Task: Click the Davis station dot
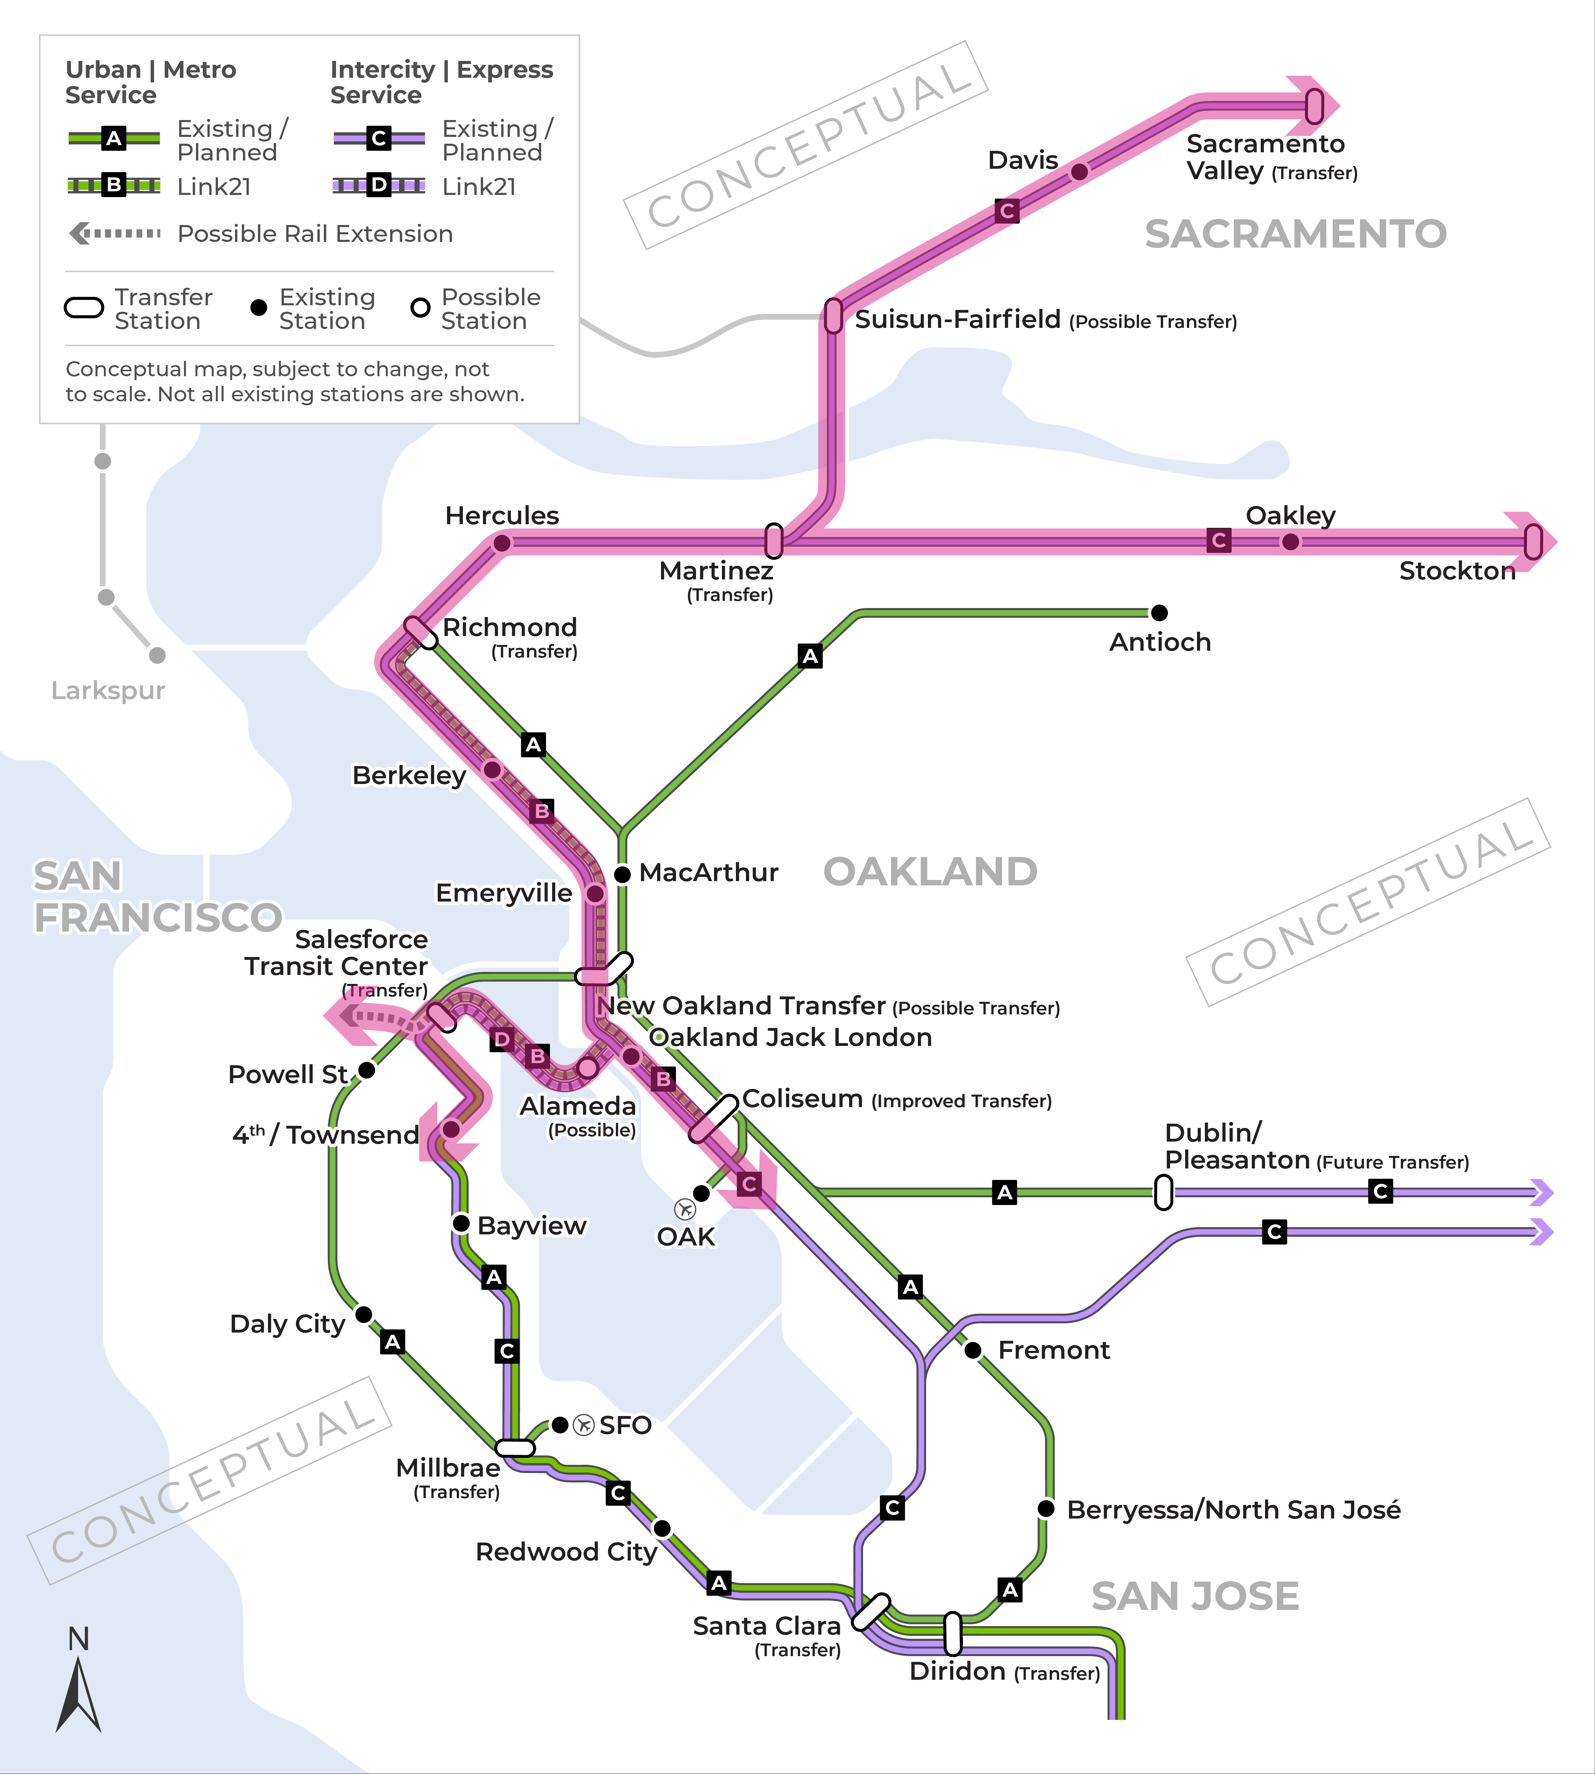(x=1080, y=172)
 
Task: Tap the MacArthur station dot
(x=622, y=874)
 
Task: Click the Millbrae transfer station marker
(x=515, y=1447)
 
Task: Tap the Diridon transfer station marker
(x=953, y=1633)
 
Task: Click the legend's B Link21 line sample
(x=114, y=185)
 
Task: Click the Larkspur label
(x=108, y=691)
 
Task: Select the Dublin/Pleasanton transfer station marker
(x=1163, y=1192)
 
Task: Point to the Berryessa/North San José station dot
(x=1045, y=1508)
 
